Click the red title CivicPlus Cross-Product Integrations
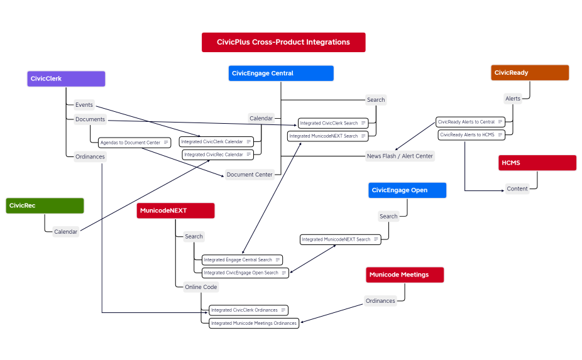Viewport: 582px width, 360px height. click(x=283, y=42)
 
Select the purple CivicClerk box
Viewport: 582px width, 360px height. click(x=66, y=79)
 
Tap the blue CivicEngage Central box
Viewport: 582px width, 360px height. click(x=281, y=74)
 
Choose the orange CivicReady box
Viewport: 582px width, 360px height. click(x=529, y=73)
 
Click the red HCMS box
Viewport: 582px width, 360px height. click(x=537, y=163)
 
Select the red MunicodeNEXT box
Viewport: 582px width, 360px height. click(x=175, y=210)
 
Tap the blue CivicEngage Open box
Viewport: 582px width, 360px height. click(x=407, y=190)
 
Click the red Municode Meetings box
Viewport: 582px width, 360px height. click(x=405, y=275)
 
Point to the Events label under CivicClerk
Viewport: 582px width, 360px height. click(x=84, y=105)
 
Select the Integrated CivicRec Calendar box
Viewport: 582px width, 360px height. click(x=217, y=155)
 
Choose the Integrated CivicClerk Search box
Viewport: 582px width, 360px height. click(x=332, y=123)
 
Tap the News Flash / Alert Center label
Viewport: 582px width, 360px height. click(x=400, y=156)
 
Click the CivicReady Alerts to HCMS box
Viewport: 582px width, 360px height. click(x=471, y=134)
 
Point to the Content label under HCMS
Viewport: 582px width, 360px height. click(x=517, y=188)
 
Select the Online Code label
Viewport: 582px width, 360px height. click(x=200, y=287)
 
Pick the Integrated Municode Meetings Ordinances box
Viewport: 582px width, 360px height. click(x=254, y=323)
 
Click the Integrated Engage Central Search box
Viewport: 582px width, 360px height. click(x=242, y=259)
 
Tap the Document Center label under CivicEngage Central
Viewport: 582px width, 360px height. click(x=250, y=175)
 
